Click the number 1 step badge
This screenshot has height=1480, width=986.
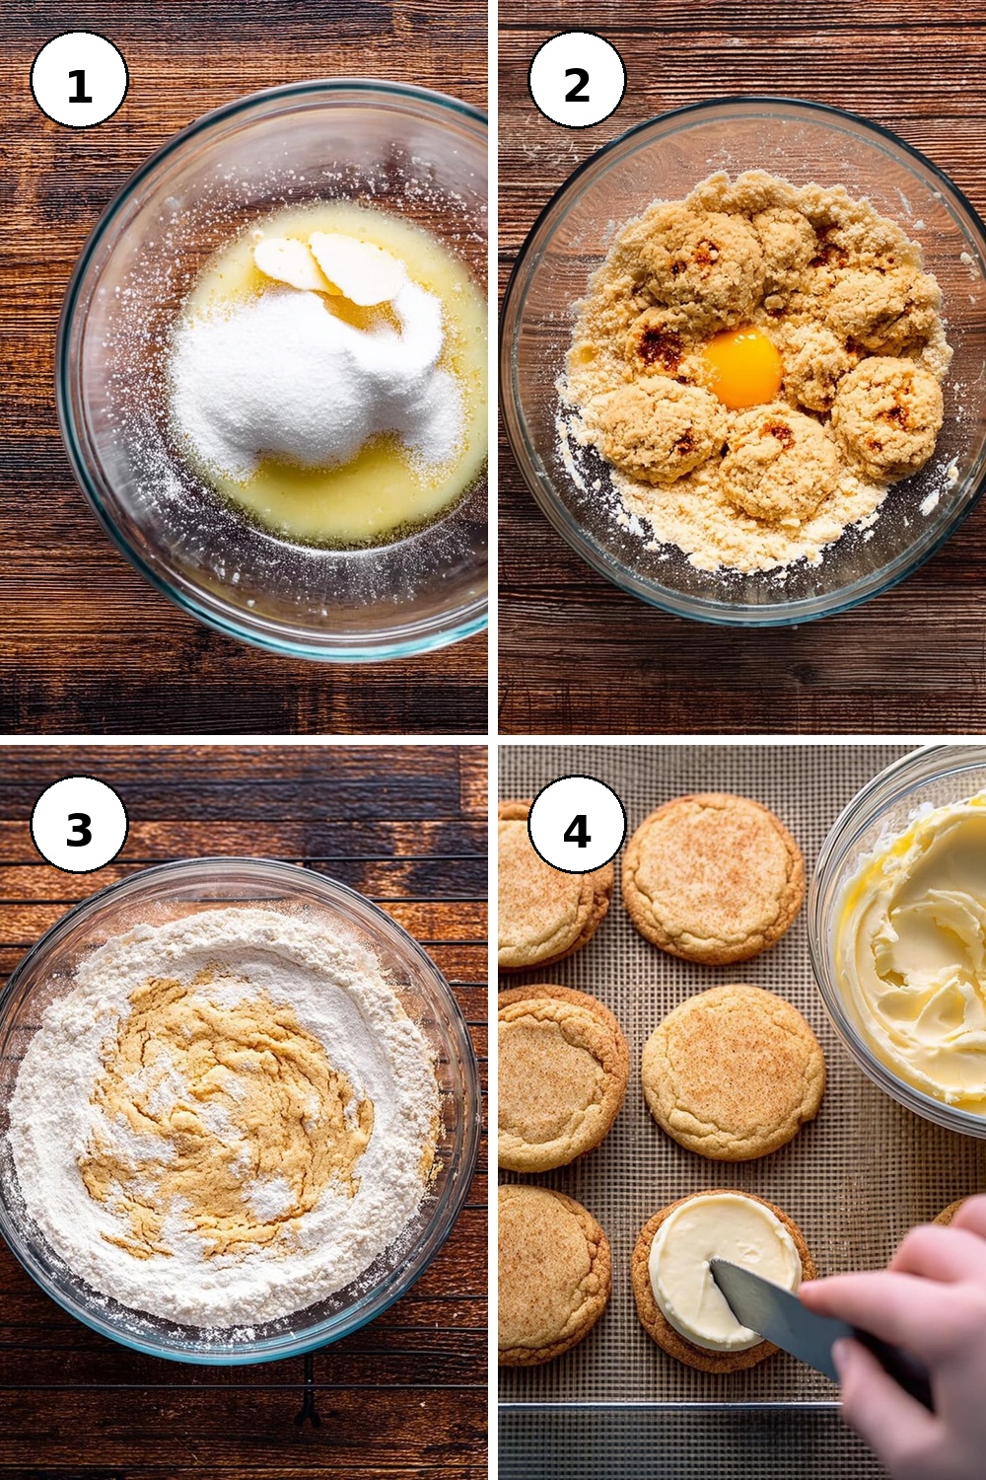79,79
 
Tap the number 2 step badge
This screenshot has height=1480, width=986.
577,79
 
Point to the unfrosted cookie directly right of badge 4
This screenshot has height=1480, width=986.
713,879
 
